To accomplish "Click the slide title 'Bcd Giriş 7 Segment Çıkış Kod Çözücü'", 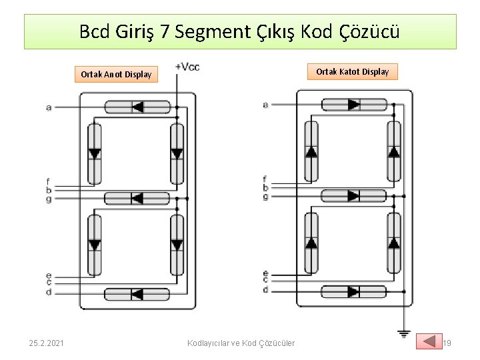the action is pyautogui.click(x=240, y=31).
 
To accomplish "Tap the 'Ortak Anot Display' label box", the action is pyautogui.click(x=116, y=74).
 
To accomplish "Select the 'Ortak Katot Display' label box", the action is pyautogui.click(x=352, y=71).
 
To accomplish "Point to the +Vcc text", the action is pyautogui.click(x=187, y=66).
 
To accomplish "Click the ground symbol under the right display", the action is pyautogui.click(x=403, y=333).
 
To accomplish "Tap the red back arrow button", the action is pyautogui.click(x=429, y=341).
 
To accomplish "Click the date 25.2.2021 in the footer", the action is pyautogui.click(x=47, y=343).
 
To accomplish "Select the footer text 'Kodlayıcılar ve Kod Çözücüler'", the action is pyautogui.click(x=241, y=343).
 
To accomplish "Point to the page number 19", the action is pyautogui.click(x=447, y=343).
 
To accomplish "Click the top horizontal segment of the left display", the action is pyautogui.click(x=137, y=107).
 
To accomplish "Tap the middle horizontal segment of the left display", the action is pyautogui.click(x=137, y=198).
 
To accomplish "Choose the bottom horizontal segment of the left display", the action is pyautogui.click(x=137, y=294).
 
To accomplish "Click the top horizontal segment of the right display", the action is pyautogui.click(x=354, y=104).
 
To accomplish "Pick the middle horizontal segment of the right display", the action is pyautogui.click(x=354, y=195).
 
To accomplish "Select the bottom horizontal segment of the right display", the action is pyautogui.click(x=354, y=291).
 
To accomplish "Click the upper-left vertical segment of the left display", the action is pyautogui.click(x=95, y=153).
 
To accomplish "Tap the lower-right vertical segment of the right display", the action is pyautogui.click(x=394, y=243).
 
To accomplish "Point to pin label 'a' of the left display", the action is pyautogui.click(x=49, y=107).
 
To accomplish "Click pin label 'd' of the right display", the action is pyautogui.click(x=265, y=290).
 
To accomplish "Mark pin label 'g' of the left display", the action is pyautogui.click(x=49, y=199).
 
